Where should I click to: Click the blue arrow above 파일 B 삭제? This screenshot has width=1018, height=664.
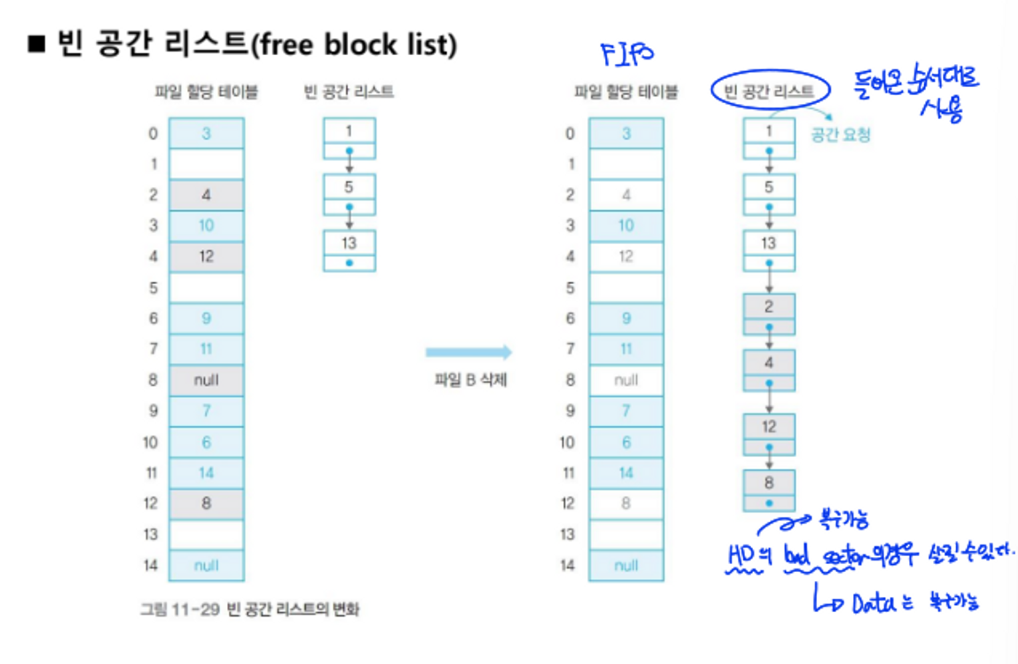pyautogui.click(x=468, y=352)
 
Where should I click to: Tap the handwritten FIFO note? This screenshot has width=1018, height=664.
pyautogui.click(x=626, y=54)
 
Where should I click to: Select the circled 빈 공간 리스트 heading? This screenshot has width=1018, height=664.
pyautogui.click(x=770, y=90)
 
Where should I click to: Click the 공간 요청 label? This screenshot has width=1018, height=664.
pyautogui.click(x=840, y=135)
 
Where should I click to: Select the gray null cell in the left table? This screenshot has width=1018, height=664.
pyautogui.click(x=206, y=380)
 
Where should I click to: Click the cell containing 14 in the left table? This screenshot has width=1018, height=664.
pyautogui.click(x=206, y=473)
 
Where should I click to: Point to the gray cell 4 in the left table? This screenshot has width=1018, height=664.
pyautogui.click(x=206, y=195)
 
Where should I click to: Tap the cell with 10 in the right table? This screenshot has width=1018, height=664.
pyautogui.click(x=626, y=226)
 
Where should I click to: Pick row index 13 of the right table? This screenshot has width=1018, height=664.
pyautogui.click(x=568, y=534)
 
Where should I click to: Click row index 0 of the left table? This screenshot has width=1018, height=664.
pyautogui.click(x=153, y=134)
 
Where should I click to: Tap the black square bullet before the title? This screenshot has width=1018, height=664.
pyautogui.click(x=37, y=45)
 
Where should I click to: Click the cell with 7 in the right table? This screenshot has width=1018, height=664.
pyautogui.click(x=626, y=411)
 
